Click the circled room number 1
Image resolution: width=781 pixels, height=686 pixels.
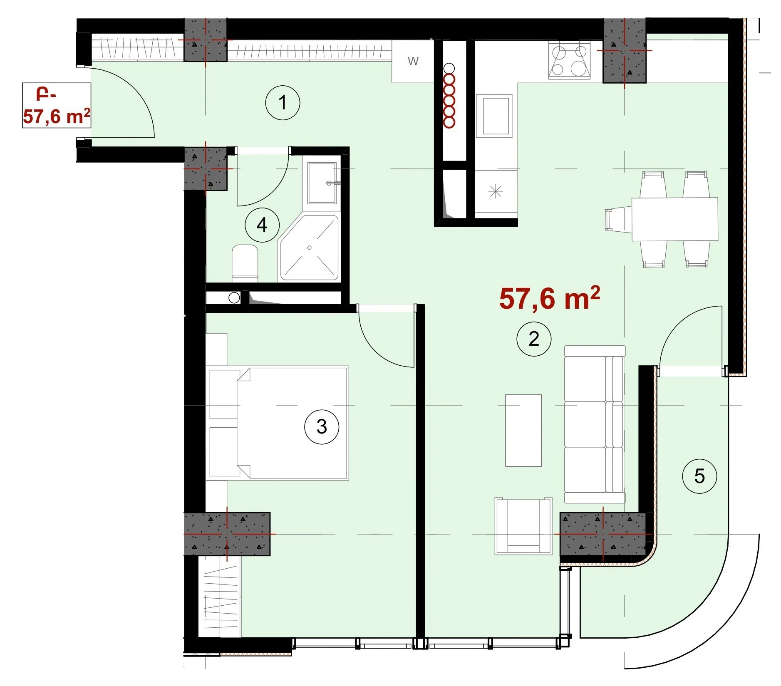click(283, 102)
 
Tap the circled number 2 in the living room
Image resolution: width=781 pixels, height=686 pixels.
click(534, 339)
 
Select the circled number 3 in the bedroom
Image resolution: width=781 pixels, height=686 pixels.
click(322, 427)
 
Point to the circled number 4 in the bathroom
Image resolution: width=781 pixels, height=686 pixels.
click(262, 225)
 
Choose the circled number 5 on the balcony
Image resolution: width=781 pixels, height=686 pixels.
click(699, 476)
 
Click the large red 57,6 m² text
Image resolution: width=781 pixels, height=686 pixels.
click(549, 298)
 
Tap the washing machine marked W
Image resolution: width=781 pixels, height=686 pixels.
click(413, 62)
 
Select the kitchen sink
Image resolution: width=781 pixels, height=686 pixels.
click(494, 116)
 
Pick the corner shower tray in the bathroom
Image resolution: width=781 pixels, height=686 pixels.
click(309, 248)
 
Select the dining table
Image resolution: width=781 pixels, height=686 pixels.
click(675, 219)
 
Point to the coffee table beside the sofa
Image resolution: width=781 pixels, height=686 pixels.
click(523, 430)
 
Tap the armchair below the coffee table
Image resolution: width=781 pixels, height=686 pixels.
click(523, 526)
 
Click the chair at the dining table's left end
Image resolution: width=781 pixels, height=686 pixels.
click(619, 219)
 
